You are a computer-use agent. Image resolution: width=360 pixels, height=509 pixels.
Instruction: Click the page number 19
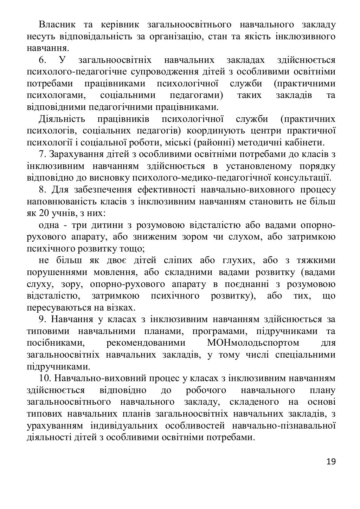click(x=331, y=461)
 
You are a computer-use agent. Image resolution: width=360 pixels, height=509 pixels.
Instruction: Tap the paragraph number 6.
click(x=43, y=60)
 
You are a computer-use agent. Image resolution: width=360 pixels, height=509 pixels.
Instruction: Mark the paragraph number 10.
click(x=45, y=378)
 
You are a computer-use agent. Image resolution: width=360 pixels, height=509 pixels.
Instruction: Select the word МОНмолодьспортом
click(x=253, y=343)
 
